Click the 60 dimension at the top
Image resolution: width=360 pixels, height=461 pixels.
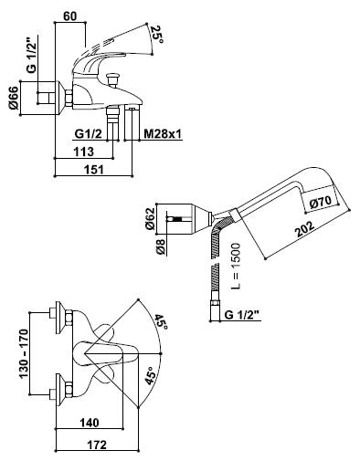[70, 16]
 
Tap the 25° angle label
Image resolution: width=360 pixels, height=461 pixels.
[157, 35]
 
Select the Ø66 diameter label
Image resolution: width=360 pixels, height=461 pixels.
[14, 98]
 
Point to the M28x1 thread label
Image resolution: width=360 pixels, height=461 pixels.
[163, 134]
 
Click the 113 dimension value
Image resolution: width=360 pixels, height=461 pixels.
[84, 152]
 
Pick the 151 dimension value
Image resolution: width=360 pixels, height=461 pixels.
[94, 170]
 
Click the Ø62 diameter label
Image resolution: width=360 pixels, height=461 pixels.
[150, 218]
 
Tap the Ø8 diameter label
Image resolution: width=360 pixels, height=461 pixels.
[161, 247]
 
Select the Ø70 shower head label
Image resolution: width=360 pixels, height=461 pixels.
[320, 202]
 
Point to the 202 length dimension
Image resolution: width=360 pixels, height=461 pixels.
[304, 228]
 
